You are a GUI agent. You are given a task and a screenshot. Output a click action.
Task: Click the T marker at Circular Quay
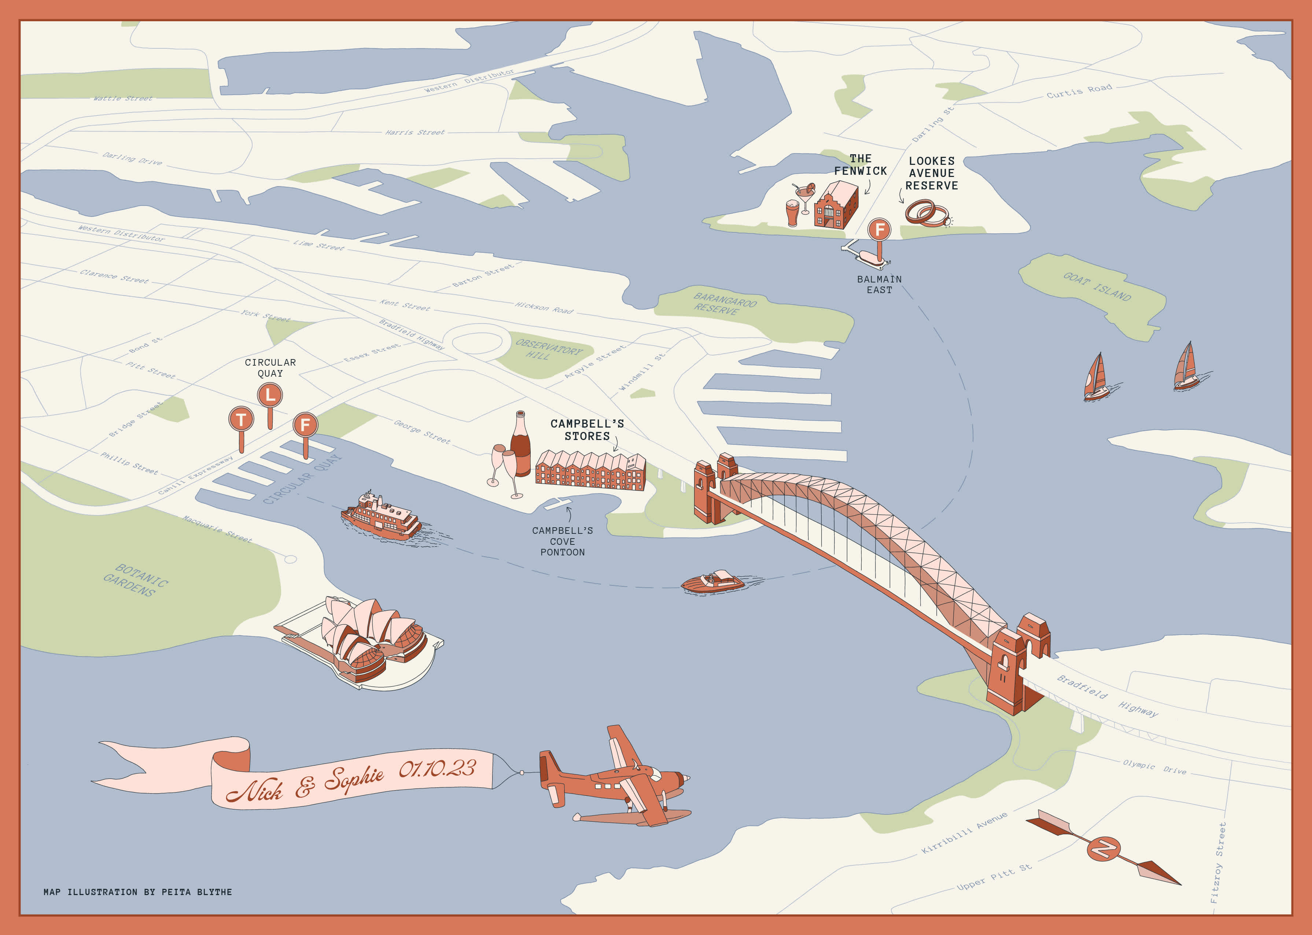[241, 419]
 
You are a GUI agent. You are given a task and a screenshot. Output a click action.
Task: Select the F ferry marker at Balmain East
[879, 230]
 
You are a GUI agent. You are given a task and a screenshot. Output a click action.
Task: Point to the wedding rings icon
[926, 213]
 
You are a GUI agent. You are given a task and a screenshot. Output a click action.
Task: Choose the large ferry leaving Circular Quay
[381, 515]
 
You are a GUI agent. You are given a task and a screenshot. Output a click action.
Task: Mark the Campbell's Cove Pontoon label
[562, 541]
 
